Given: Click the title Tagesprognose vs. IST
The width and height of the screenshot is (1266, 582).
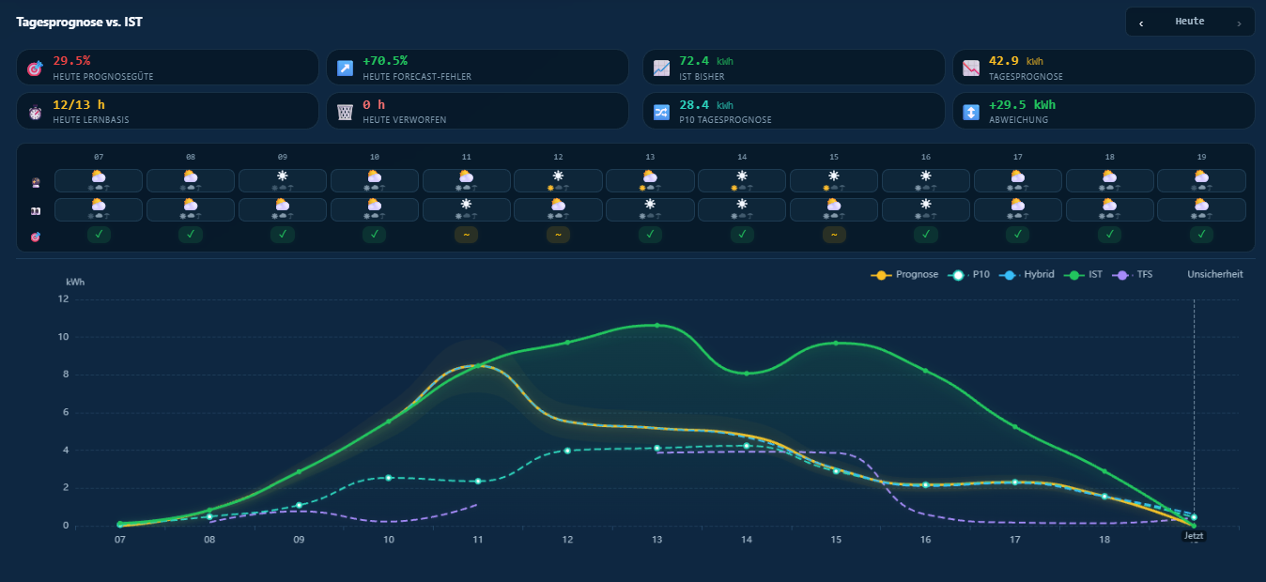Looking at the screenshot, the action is pos(79,22).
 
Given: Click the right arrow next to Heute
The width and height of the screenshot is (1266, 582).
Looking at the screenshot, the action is pos(1239,23).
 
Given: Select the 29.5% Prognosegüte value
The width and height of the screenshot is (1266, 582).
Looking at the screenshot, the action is pos(71,60).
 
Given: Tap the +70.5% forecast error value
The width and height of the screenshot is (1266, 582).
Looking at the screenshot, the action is pos(385,60).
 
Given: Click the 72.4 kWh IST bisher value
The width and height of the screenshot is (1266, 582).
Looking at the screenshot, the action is pos(706,60).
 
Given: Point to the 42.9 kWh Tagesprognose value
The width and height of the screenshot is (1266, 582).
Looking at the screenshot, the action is pos(1015,60).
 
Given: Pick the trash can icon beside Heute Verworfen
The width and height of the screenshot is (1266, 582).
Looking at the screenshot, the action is pos(345,112).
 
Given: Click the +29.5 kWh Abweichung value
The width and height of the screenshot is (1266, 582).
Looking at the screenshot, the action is pos(1022,104).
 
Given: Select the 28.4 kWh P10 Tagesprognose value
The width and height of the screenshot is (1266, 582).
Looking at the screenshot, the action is pos(706,104).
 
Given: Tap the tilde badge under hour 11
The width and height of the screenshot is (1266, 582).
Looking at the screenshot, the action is pos(466,235).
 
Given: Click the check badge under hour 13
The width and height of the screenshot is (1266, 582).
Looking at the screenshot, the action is pos(650,235).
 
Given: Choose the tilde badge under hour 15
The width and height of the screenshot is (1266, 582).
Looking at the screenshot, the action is pos(834,235).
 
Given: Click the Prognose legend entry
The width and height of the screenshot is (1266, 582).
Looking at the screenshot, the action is pos(904,275).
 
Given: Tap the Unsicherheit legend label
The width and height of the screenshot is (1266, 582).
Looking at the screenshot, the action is pos(1214,274).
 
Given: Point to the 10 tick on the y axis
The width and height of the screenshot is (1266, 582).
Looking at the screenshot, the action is pos(63,337).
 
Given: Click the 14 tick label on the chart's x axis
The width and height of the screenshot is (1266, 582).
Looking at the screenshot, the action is pos(746,540).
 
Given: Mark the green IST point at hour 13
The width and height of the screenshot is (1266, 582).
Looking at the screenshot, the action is pos(656,326).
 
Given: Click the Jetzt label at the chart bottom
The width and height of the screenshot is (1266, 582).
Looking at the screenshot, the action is pos(1194,536).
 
